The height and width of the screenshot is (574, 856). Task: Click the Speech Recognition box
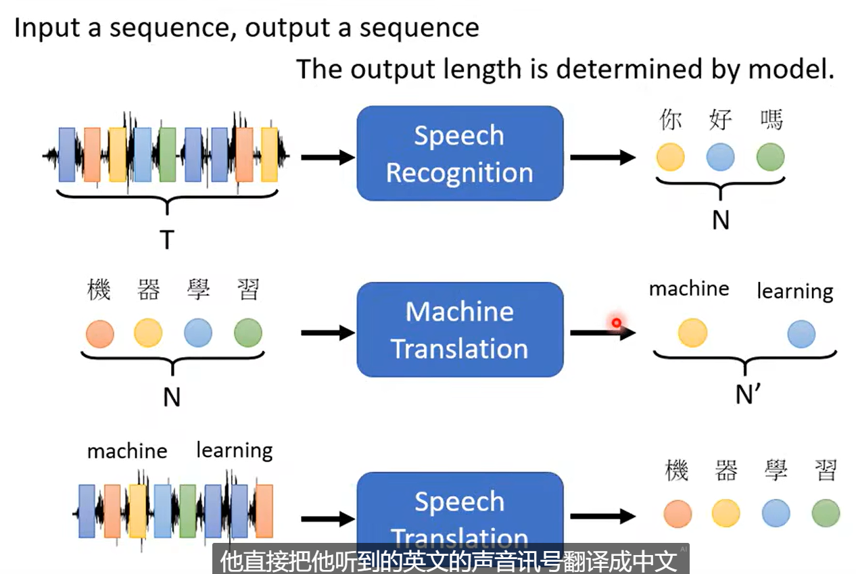pyautogui.click(x=460, y=153)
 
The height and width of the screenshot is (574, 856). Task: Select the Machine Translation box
pyautogui.click(x=460, y=329)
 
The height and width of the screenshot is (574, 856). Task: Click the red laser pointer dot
pyautogui.click(x=617, y=323)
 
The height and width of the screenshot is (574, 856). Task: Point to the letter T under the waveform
pyautogui.click(x=166, y=239)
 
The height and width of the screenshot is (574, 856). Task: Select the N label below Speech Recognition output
pyautogui.click(x=721, y=220)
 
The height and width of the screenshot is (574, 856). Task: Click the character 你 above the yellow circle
pyautogui.click(x=670, y=120)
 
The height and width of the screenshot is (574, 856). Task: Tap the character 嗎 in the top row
pyautogui.click(x=771, y=120)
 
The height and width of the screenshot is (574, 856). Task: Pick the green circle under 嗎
pyautogui.click(x=770, y=158)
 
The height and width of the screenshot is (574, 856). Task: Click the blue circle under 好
pyautogui.click(x=720, y=158)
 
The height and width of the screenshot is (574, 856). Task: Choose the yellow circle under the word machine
pyautogui.click(x=692, y=333)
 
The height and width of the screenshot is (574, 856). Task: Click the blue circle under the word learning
pyautogui.click(x=801, y=333)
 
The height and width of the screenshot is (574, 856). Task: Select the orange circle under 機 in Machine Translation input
pyautogui.click(x=100, y=333)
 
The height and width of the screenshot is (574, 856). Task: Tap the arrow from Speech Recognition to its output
pyautogui.click(x=602, y=158)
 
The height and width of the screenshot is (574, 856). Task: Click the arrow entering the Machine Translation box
pyautogui.click(x=327, y=333)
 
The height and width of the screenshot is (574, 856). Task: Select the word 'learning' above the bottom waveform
pyautogui.click(x=235, y=450)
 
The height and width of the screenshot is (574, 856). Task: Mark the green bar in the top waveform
pyautogui.click(x=167, y=155)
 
